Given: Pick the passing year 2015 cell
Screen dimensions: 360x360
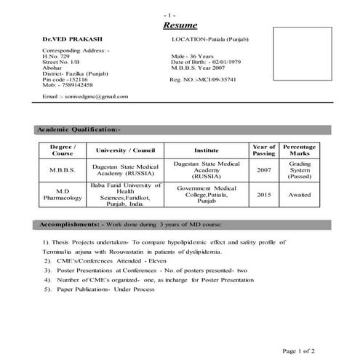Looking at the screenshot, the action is click(x=263, y=195).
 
